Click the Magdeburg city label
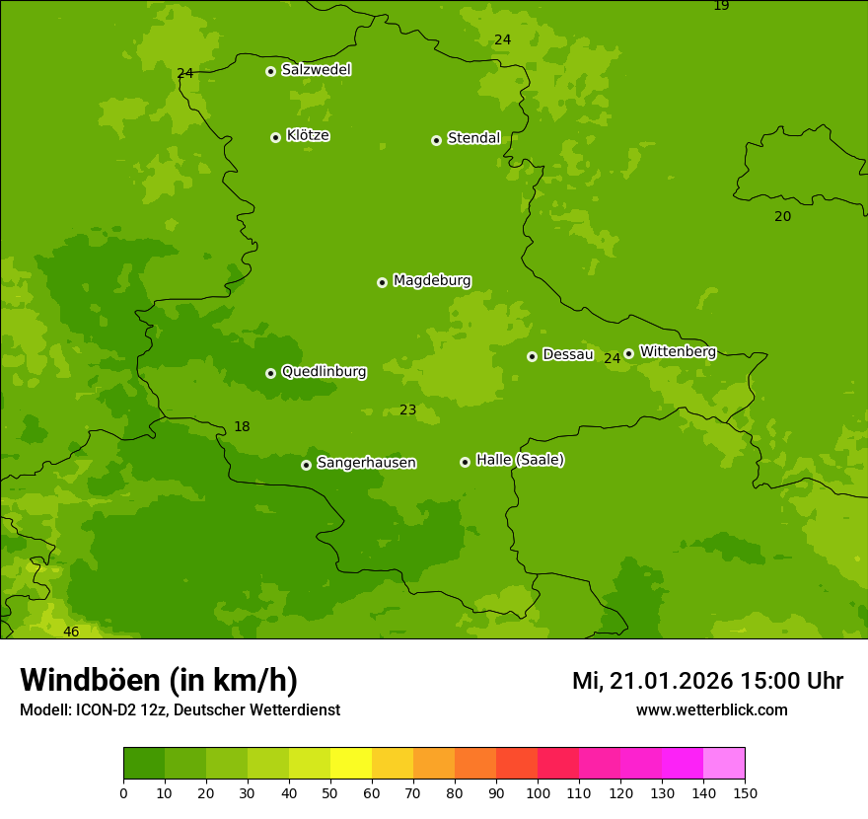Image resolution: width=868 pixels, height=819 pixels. pyautogui.click(x=431, y=281)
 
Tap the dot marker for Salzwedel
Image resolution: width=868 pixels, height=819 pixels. pyautogui.click(x=270, y=71)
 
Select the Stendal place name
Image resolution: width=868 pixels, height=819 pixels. pyautogui.click(x=473, y=138)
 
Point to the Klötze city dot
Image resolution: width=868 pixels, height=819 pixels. pyautogui.click(x=275, y=137)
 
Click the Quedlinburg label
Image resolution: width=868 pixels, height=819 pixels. pyautogui.click(x=324, y=372)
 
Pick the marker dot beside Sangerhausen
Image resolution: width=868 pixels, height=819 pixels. pyautogui.click(x=306, y=465)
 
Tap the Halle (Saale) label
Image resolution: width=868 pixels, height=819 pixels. pyautogui.click(x=520, y=460)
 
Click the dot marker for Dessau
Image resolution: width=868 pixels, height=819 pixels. pyautogui.click(x=532, y=356)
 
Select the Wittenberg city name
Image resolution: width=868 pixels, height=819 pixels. pyautogui.click(x=677, y=351)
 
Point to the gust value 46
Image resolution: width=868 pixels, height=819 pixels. pyautogui.click(x=71, y=632)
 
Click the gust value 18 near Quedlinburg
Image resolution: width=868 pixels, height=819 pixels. pyautogui.click(x=242, y=427)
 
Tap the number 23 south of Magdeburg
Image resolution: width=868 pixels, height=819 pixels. pyautogui.click(x=407, y=410)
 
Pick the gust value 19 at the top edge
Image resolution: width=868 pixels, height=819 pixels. pyautogui.click(x=721, y=6)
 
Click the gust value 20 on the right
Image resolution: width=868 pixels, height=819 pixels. pyautogui.click(x=782, y=217)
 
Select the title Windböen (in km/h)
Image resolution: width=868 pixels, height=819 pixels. pyautogui.click(x=159, y=680)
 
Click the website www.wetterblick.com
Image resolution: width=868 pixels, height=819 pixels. pyautogui.click(x=711, y=710)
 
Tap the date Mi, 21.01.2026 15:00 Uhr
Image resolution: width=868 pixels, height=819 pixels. pyautogui.click(x=707, y=681)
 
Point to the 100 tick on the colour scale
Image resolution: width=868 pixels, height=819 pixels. pyautogui.click(x=538, y=792)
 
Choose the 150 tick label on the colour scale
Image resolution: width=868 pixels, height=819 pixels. pyautogui.click(x=745, y=792)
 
